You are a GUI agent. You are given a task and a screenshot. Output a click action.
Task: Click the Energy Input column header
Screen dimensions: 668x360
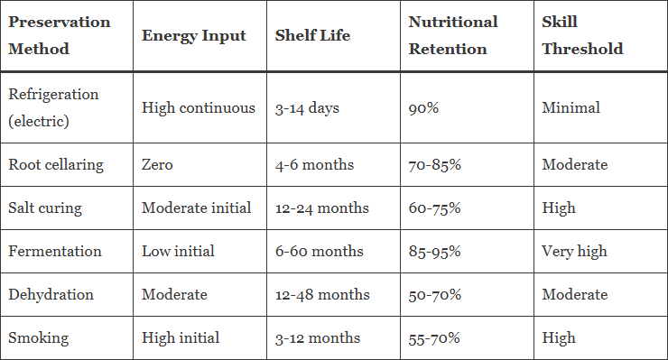(x=194, y=36)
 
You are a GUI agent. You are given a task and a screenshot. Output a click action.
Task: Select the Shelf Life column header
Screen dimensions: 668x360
(x=312, y=35)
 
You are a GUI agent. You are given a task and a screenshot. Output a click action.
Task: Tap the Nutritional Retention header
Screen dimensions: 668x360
(x=453, y=35)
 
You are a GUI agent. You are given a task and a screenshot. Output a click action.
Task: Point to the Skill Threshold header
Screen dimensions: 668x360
(x=582, y=35)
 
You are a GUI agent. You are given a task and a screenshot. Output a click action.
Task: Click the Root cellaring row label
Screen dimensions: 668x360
(x=56, y=165)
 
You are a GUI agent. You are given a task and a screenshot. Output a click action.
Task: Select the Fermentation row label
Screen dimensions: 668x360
(x=55, y=252)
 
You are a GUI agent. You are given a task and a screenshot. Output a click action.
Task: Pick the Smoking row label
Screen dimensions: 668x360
(x=38, y=338)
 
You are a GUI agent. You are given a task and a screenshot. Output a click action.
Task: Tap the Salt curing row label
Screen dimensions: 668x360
(x=45, y=208)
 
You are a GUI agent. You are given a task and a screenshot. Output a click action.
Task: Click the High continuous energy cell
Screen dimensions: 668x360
(x=199, y=107)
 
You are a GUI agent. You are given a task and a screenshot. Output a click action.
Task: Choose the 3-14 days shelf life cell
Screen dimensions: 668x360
(x=307, y=108)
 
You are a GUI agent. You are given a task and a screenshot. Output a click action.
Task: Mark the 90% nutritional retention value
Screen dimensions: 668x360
(x=423, y=108)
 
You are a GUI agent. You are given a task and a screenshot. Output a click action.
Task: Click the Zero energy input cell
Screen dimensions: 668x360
(x=157, y=165)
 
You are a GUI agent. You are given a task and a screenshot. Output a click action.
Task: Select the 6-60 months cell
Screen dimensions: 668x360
(x=319, y=252)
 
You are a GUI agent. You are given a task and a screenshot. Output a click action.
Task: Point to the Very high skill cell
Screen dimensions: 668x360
(x=574, y=252)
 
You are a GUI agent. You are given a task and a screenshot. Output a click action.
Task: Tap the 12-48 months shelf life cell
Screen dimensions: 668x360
(x=322, y=295)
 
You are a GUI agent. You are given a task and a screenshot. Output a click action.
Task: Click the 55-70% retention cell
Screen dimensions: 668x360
(x=434, y=338)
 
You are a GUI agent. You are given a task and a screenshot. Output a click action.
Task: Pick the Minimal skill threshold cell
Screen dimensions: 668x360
(x=571, y=107)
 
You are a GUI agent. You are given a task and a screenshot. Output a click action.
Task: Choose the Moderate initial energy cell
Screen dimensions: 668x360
(x=197, y=208)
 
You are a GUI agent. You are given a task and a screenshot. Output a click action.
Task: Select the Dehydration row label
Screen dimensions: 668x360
(x=51, y=295)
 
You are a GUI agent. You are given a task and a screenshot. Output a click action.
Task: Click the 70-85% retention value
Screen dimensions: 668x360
(x=434, y=165)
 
